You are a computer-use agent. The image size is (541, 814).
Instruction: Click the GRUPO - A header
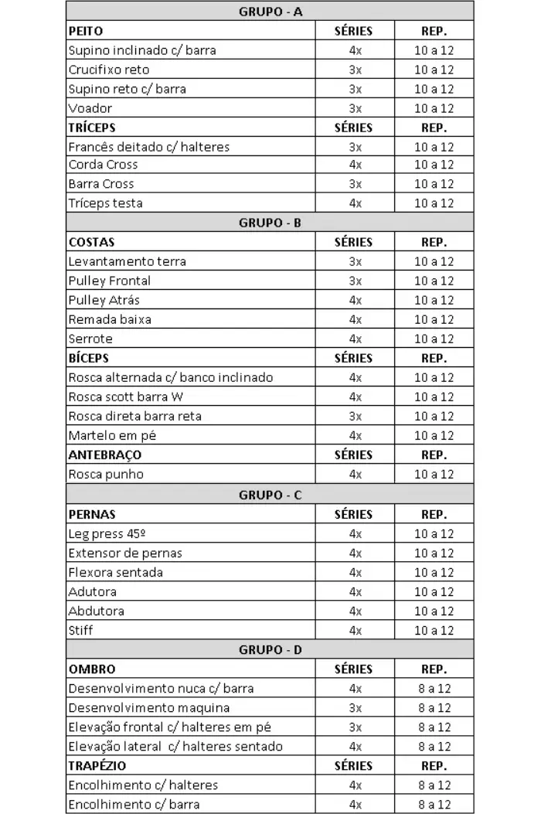(x=270, y=12)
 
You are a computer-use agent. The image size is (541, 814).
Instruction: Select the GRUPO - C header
(x=270, y=495)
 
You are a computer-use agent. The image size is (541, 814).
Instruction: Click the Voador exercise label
(x=90, y=108)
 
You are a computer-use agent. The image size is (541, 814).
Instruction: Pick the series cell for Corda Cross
(x=355, y=165)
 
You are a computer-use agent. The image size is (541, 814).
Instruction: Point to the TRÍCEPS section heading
(x=92, y=128)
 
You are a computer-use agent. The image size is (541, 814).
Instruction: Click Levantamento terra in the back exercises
(x=127, y=261)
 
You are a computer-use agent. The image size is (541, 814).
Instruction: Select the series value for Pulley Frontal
(x=355, y=281)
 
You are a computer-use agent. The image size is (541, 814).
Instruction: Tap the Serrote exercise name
(x=90, y=339)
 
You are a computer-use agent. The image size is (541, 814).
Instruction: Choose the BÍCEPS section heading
(x=89, y=358)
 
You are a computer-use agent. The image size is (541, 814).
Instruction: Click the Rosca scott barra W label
(x=126, y=397)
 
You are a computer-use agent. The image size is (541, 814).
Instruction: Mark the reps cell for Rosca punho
(x=434, y=474)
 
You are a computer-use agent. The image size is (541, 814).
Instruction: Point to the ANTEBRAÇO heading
(x=105, y=455)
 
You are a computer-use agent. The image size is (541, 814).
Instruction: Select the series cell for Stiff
(x=355, y=630)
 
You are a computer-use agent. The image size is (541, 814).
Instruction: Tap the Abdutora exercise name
(x=96, y=611)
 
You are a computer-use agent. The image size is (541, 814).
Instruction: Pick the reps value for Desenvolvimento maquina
(x=434, y=707)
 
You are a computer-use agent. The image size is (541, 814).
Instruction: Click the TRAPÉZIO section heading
(x=97, y=765)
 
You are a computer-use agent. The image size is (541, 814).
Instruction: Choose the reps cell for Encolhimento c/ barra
(x=434, y=804)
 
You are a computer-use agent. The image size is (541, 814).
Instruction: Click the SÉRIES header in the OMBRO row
(x=353, y=669)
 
